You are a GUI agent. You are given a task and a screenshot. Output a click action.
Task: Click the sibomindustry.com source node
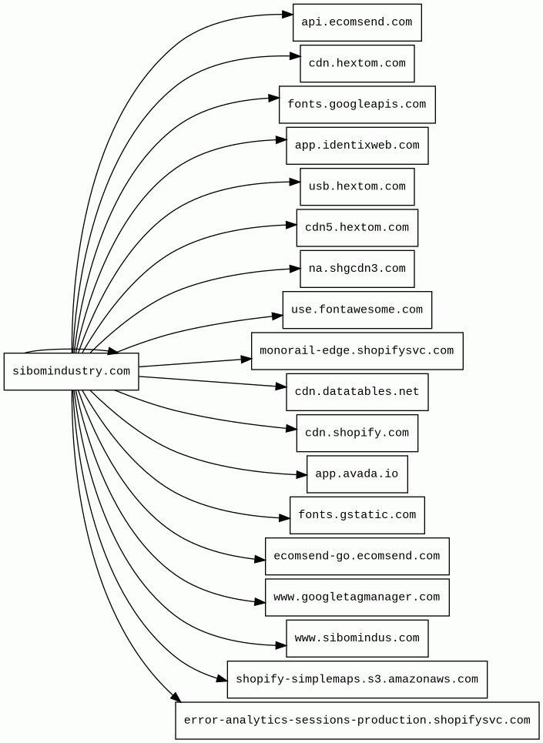pyautogui.click(x=71, y=372)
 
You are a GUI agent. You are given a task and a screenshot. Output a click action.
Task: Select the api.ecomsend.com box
pyautogui.click(x=357, y=22)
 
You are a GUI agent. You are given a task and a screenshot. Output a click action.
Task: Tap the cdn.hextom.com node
pyautogui.click(x=357, y=63)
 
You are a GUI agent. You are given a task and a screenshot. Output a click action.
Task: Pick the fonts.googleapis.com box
pyautogui.click(x=357, y=105)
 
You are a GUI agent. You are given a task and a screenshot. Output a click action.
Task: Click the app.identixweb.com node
pyautogui.click(x=357, y=146)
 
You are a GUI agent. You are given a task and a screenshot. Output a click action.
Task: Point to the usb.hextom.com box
pyautogui.click(x=357, y=186)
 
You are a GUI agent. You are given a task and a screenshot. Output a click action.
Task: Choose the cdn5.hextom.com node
pyautogui.click(x=357, y=228)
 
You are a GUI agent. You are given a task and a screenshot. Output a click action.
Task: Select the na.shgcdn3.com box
pyautogui.click(x=357, y=269)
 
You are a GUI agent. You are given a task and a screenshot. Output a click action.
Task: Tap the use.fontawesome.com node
pyautogui.click(x=357, y=310)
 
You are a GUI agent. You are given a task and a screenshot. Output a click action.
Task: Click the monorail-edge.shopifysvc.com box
pyautogui.click(x=357, y=351)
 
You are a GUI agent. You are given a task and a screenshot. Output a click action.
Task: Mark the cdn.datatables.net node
pyautogui.click(x=357, y=392)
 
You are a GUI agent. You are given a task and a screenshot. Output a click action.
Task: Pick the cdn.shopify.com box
pyautogui.click(x=357, y=433)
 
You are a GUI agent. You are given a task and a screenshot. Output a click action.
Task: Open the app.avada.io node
pyautogui.click(x=357, y=474)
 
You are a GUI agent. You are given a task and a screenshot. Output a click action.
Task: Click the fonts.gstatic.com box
pyautogui.click(x=357, y=515)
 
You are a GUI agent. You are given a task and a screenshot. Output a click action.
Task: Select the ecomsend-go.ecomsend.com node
pyautogui.click(x=357, y=556)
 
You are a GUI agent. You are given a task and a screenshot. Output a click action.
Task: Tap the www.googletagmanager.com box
pyautogui.click(x=357, y=597)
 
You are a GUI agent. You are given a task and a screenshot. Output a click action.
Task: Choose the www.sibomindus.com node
pyautogui.click(x=357, y=638)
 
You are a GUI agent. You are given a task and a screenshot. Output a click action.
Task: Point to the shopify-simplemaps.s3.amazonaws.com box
pyautogui.click(x=357, y=679)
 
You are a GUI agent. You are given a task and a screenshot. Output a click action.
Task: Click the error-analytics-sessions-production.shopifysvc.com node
pyautogui.click(x=357, y=721)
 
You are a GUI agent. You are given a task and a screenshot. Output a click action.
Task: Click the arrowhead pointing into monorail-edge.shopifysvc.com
pyautogui.click(x=246, y=359)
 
